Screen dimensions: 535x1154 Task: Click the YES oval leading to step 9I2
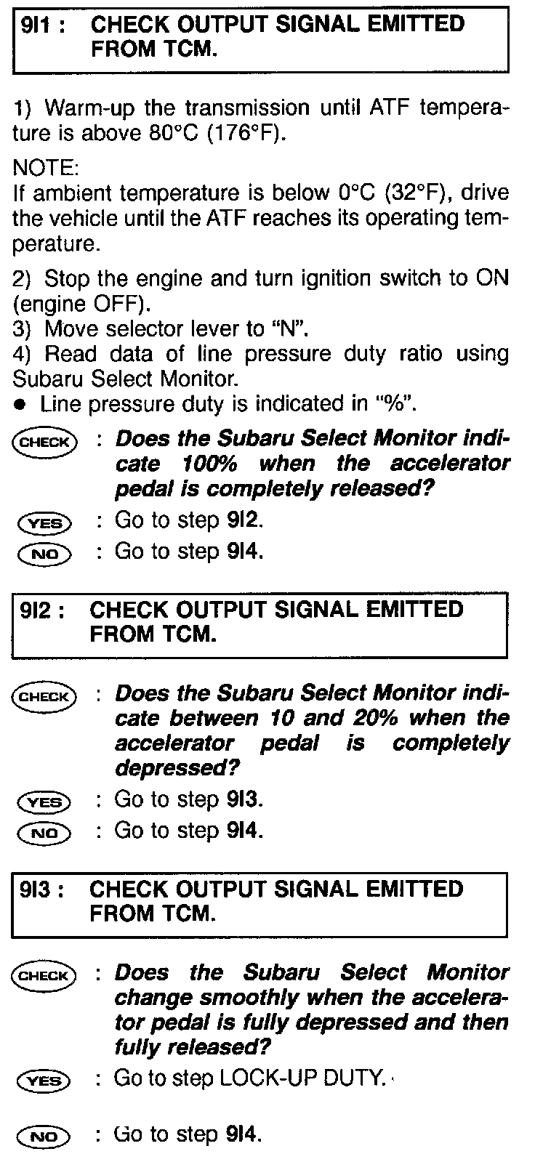[x=44, y=522]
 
